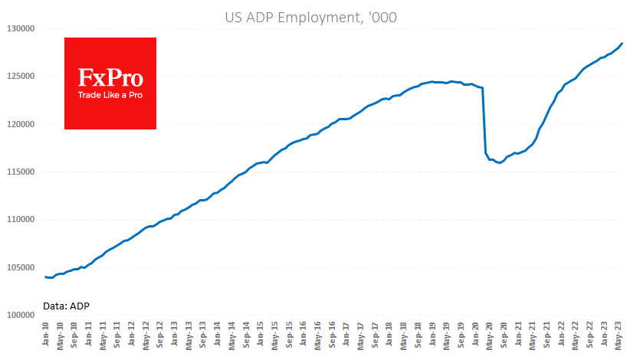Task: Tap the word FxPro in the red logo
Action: pos(110,77)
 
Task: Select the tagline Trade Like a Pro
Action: pos(110,95)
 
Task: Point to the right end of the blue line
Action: pos(622,44)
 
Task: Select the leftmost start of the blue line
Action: pos(46,277)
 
